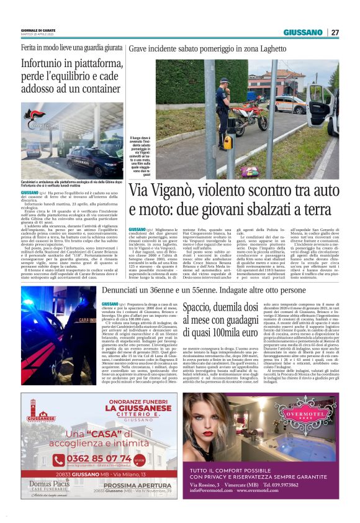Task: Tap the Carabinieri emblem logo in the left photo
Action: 37,118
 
